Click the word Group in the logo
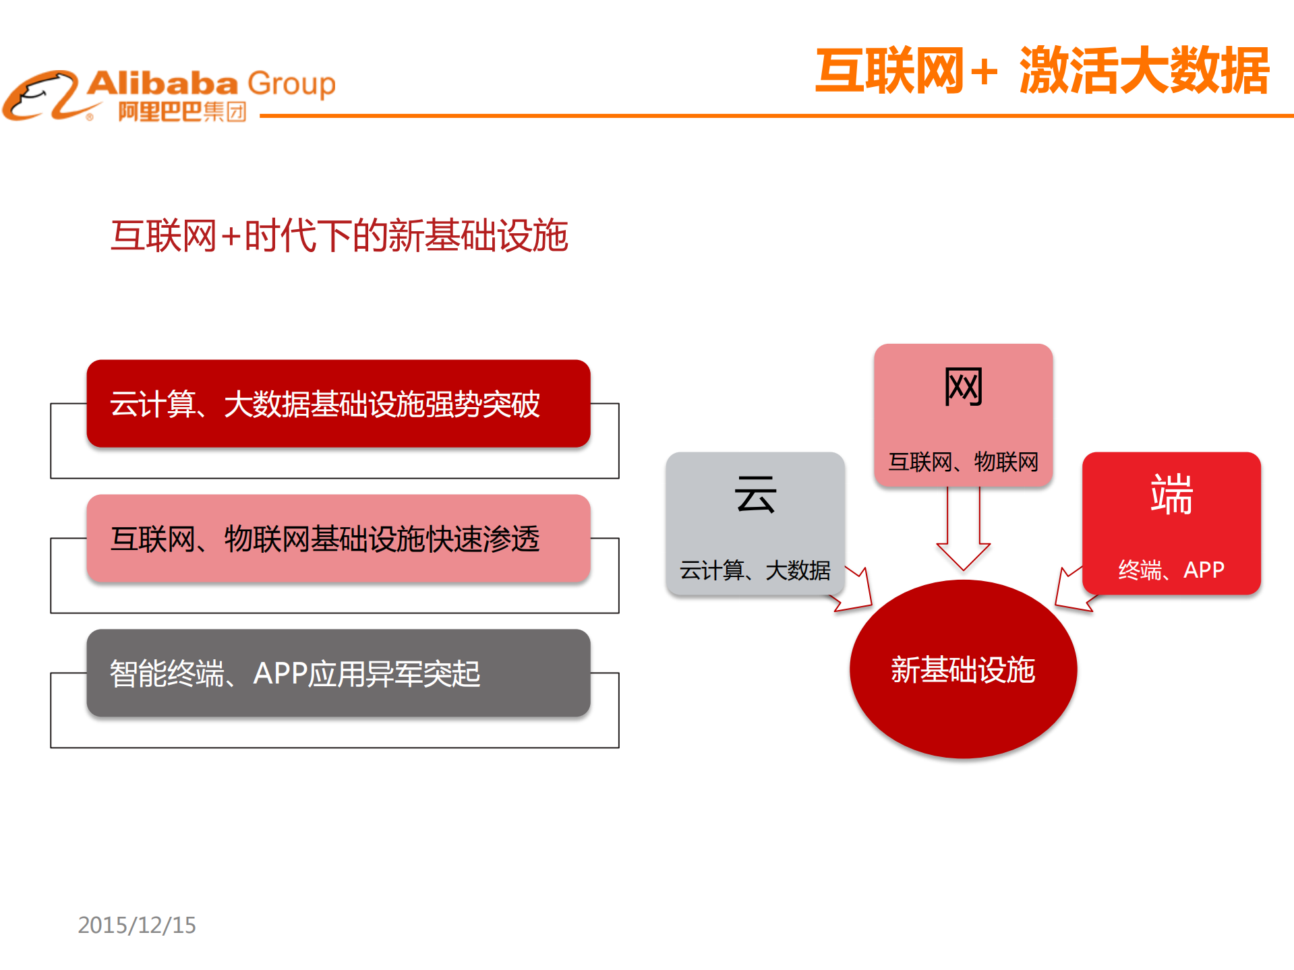pos(291,84)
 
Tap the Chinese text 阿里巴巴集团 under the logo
pos(182,111)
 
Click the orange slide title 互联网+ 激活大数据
pos(1042,71)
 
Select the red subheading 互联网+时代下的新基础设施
pos(339,236)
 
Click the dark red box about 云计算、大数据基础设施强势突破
pos(339,404)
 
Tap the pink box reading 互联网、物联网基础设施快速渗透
pos(339,539)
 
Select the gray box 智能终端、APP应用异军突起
pos(339,673)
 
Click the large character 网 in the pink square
pos(963,387)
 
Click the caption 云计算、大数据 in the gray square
pos(755,570)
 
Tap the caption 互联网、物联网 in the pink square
pos(963,462)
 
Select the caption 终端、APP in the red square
pos(1171,570)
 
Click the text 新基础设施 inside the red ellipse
pos(962,670)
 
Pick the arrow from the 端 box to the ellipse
pos(1072,590)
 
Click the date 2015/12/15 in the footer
pos(137,925)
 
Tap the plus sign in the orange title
pos(984,71)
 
